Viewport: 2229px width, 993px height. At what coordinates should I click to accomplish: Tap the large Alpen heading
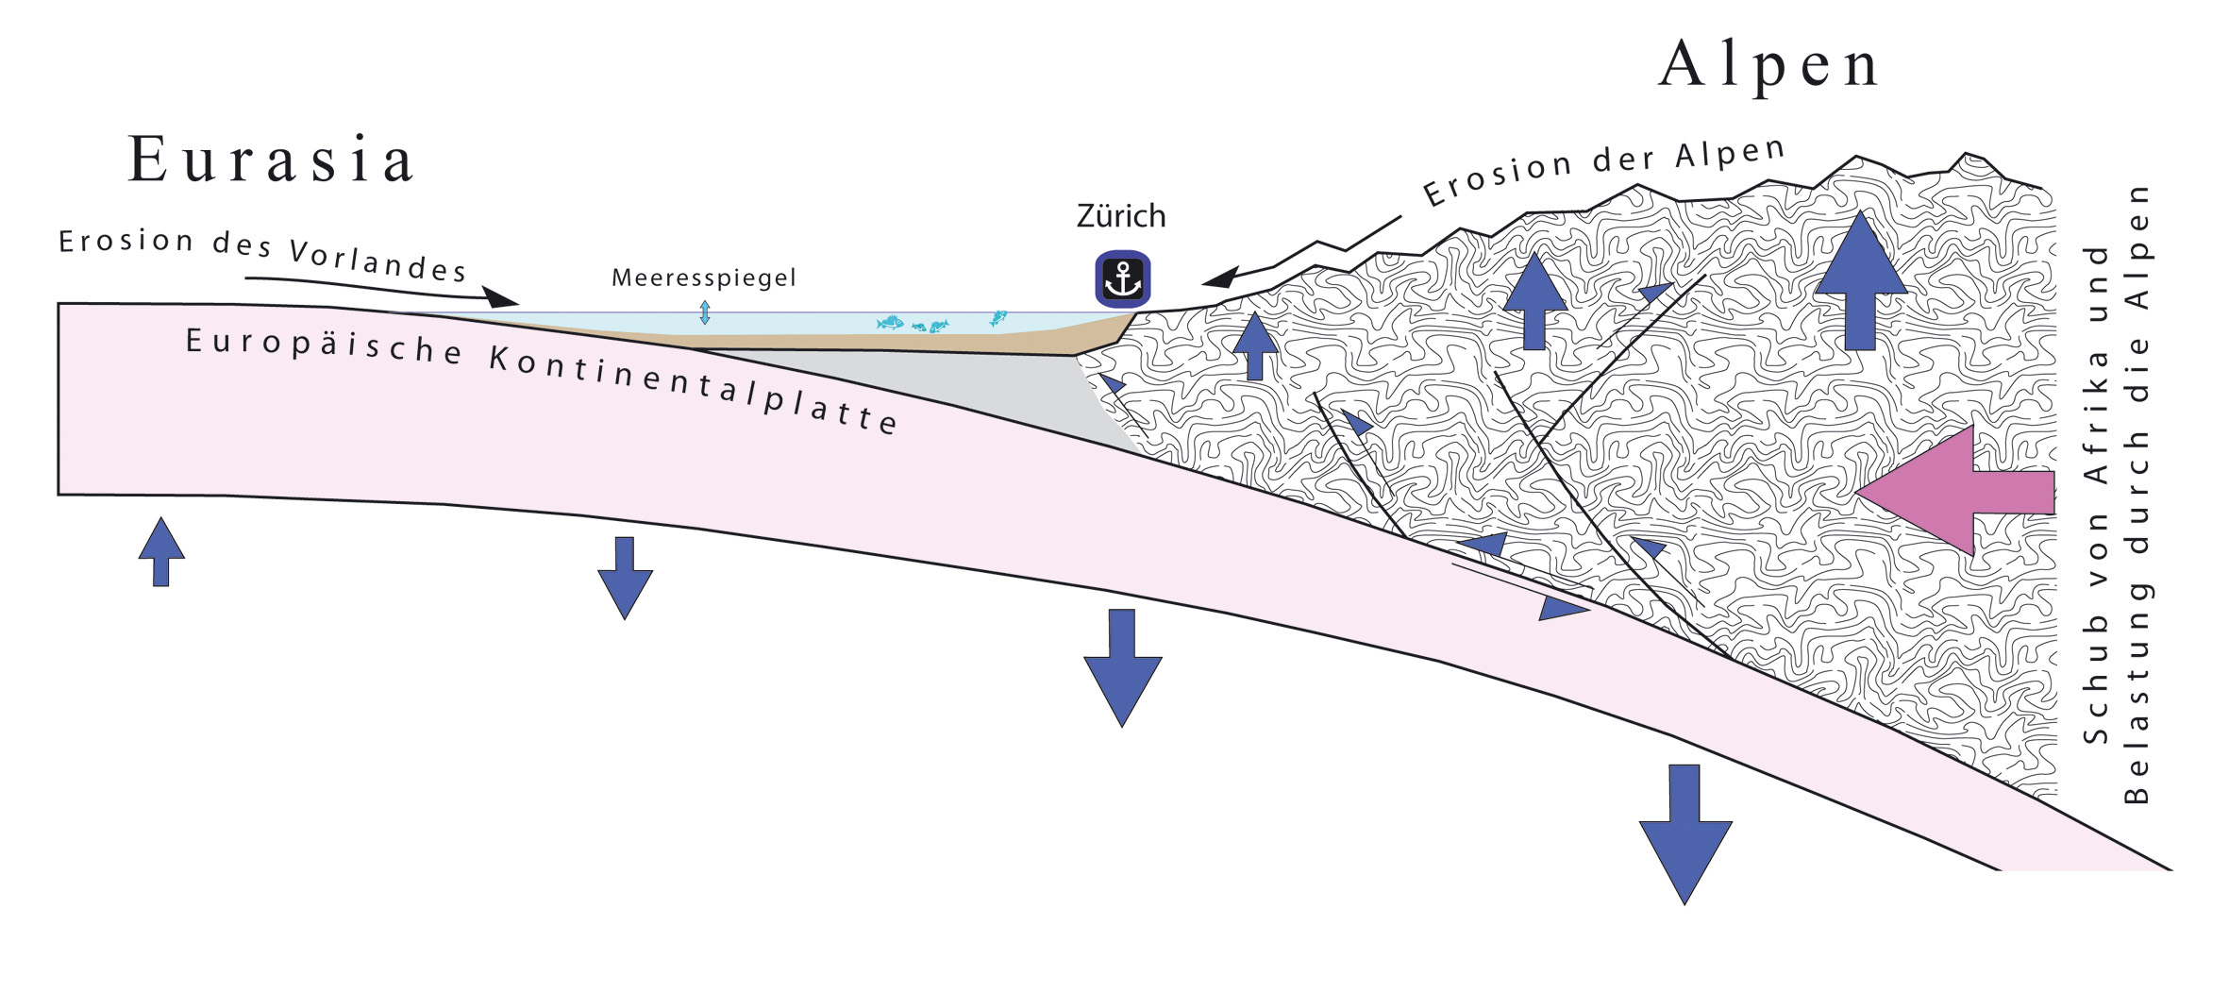click(x=1768, y=65)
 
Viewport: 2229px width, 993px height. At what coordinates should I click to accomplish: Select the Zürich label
click(x=1121, y=216)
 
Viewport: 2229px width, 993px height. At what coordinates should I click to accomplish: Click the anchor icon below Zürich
click(x=1122, y=279)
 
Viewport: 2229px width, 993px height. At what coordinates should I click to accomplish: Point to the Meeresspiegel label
click(x=704, y=278)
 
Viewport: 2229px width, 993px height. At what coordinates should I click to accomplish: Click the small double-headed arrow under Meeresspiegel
click(x=704, y=312)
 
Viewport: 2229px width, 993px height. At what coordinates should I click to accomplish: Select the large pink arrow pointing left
click(x=1953, y=491)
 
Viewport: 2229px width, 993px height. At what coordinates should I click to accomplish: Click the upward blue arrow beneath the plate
click(x=161, y=552)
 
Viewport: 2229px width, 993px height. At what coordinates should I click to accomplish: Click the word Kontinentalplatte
click(x=694, y=389)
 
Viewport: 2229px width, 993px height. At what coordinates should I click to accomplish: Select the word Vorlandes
click(x=377, y=261)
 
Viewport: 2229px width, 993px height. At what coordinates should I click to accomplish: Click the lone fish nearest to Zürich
click(x=997, y=317)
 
